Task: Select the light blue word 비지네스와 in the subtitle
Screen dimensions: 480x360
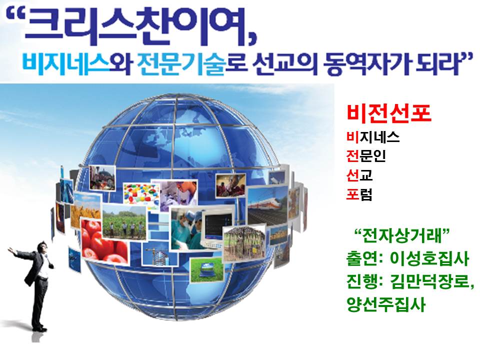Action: pyautogui.click(x=77, y=65)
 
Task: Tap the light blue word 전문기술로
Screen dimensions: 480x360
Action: pyautogui.click(x=188, y=65)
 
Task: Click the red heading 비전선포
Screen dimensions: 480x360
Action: pyautogui.click(x=389, y=113)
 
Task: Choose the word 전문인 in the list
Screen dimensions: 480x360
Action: pyautogui.click(x=366, y=156)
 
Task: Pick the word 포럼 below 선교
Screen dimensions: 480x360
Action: pyautogui.click(x=359, y=194)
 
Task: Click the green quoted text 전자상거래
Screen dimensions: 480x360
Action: pyautogui.click(x=401, y=235)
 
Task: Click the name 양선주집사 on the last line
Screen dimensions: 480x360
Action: pyautogui.click(x=386, y=304)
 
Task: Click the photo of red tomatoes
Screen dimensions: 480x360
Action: pyautogui.click(x=103, y=242)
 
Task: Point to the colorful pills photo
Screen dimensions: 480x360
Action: pyautogui.click(x=141, y=195)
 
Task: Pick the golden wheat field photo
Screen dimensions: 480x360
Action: pyautogui.click(x=85, y=210)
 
